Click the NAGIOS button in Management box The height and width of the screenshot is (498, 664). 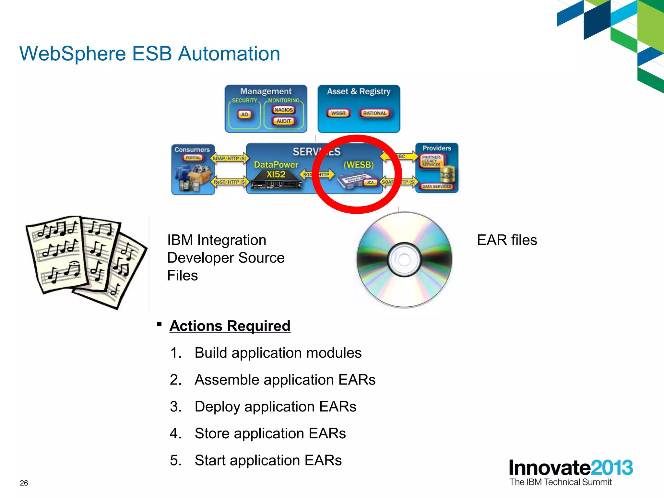pyautogui.click(x=284, y=110)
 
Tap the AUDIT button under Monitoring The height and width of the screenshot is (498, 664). pyautogui.click(x=284, y=121)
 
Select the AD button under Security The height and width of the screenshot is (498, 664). pyautogui.click(x=244, y=114)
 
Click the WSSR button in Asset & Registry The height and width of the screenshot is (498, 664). pyautogui.click(x=338, y=113)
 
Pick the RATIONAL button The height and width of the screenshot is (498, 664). pyautogui.click(x=375, y=113)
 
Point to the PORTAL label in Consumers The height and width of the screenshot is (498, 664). pyautogui.click(x=193, y=158)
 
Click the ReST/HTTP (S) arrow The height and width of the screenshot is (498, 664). pyautogui.click(x=230, y=182)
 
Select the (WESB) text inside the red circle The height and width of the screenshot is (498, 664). pyautogui.click(x=359, y=165)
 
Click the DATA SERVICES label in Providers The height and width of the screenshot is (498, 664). pyautogui.click(x=436, y=186)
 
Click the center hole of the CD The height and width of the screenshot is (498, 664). pyautogui.click(x=404, y=260)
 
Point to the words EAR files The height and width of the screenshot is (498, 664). pyautogui.click(x=507, y=240)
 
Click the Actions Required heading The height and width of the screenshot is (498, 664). pyautogui.click(x=230, y=326)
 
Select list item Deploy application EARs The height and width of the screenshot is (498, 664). pyautogui.click(x=275, y=407)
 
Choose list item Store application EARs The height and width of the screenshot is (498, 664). pyautogui.click(x=270, y=433)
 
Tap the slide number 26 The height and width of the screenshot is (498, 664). pyautogui.click(x=24, y=483)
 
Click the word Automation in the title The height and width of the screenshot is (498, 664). pyautogui.click(x=229, y=53)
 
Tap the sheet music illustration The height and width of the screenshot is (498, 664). pyautogui.click(x=86, y=261)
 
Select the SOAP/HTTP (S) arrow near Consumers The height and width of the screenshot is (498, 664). pyautogui.click(x=230, y=159)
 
